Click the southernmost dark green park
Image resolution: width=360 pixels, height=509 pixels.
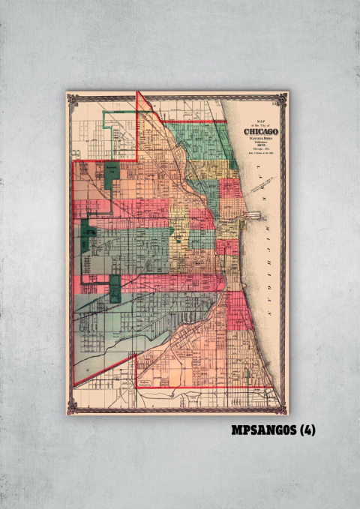pos(115,289)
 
